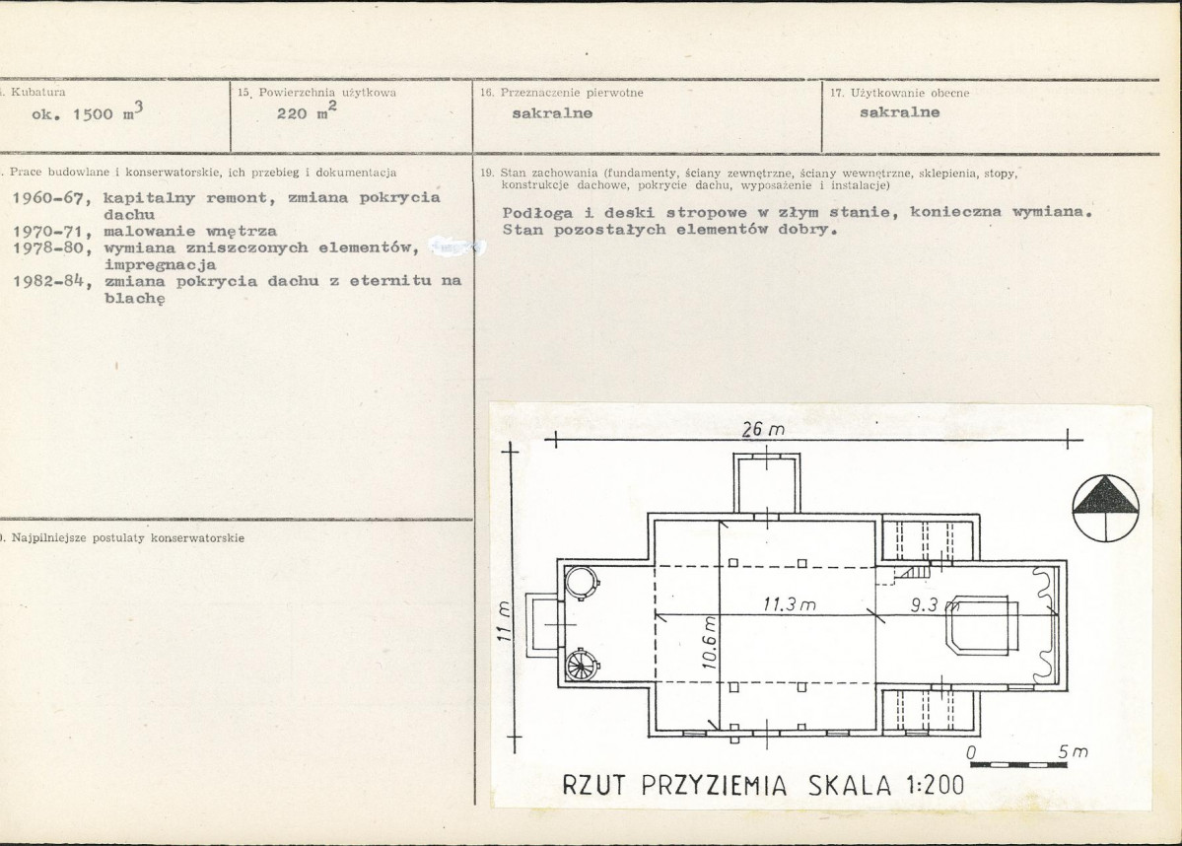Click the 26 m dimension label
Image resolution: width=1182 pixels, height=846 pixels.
point(763,429)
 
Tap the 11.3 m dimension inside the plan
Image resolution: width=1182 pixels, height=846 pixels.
point(789,604)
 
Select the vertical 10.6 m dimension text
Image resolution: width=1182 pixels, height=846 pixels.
point(709,643)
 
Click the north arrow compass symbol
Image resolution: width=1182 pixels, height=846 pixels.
point(1105,508)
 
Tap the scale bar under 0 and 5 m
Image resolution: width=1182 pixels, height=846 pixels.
point(1018,764)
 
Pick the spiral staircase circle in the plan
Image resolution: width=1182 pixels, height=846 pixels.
point(582,665)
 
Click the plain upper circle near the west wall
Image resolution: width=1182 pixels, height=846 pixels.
point(582,583)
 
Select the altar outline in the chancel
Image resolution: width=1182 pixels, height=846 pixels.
point(982,625)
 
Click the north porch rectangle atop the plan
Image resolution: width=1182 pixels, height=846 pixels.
point(767,485)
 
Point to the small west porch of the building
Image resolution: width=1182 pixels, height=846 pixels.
point(542,625)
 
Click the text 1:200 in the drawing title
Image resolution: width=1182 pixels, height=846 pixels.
point(936,785)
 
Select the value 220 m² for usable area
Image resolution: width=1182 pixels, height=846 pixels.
point(306,111)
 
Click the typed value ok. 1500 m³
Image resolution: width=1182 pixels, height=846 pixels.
point(87,112)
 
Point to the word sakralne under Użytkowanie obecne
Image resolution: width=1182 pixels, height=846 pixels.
point(899,112)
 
